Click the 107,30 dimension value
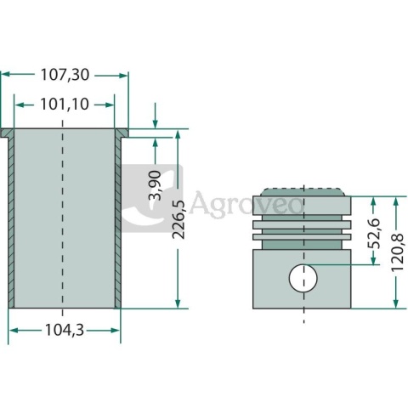[x=65, y=75]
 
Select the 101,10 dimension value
[x=65, y=105]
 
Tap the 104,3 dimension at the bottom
[x=65, y=330]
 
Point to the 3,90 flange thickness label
[x=155, y=185]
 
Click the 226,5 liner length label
[x=178, y=219]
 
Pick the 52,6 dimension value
[x=374, y=234]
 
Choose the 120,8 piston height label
[x=397, y=252]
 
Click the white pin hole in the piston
[x=303, y=278]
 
